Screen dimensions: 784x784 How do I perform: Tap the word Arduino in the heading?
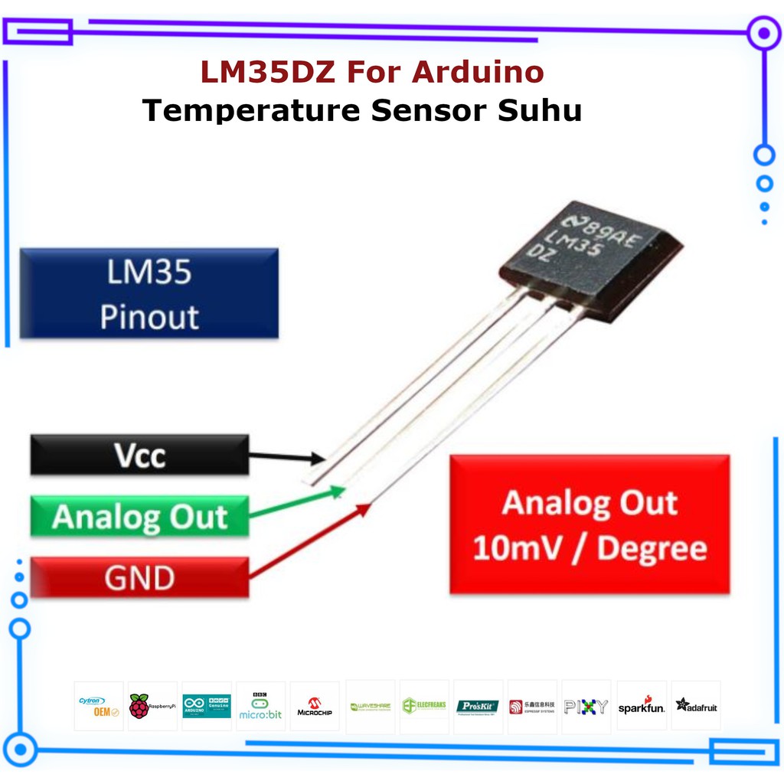[478, 73]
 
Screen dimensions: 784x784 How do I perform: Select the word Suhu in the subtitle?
[541, 110]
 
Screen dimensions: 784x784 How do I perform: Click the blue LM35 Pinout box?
[149, 293]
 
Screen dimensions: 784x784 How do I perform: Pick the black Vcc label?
[139, 455]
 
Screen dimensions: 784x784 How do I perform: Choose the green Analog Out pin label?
[139, 517]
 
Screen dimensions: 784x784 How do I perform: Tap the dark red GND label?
[139, 578]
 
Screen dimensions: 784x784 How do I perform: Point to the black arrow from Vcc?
[287, 457]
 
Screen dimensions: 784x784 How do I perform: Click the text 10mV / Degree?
[590, 549]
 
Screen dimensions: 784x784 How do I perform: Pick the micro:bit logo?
[260, 706]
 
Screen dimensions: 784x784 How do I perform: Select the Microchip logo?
[315, 706]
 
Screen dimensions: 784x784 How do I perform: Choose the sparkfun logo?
[642, 706]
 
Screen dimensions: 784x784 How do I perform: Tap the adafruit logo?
[696, 706]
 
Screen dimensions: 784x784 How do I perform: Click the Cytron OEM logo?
[99, 706]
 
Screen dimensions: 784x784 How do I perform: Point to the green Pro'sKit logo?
[478, 706]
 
